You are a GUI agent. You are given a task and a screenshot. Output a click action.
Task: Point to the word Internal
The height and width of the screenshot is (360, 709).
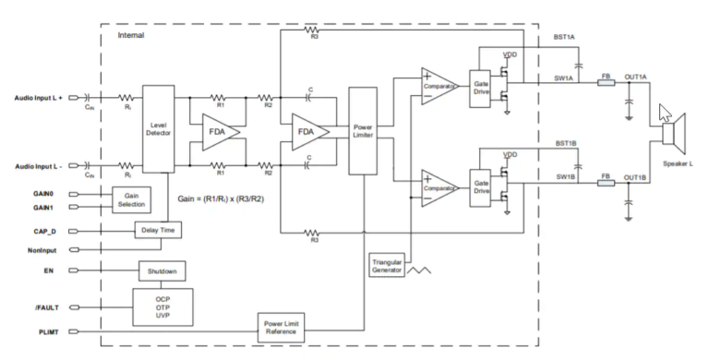131,35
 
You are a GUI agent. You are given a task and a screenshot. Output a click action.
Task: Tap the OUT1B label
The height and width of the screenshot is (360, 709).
634,177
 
